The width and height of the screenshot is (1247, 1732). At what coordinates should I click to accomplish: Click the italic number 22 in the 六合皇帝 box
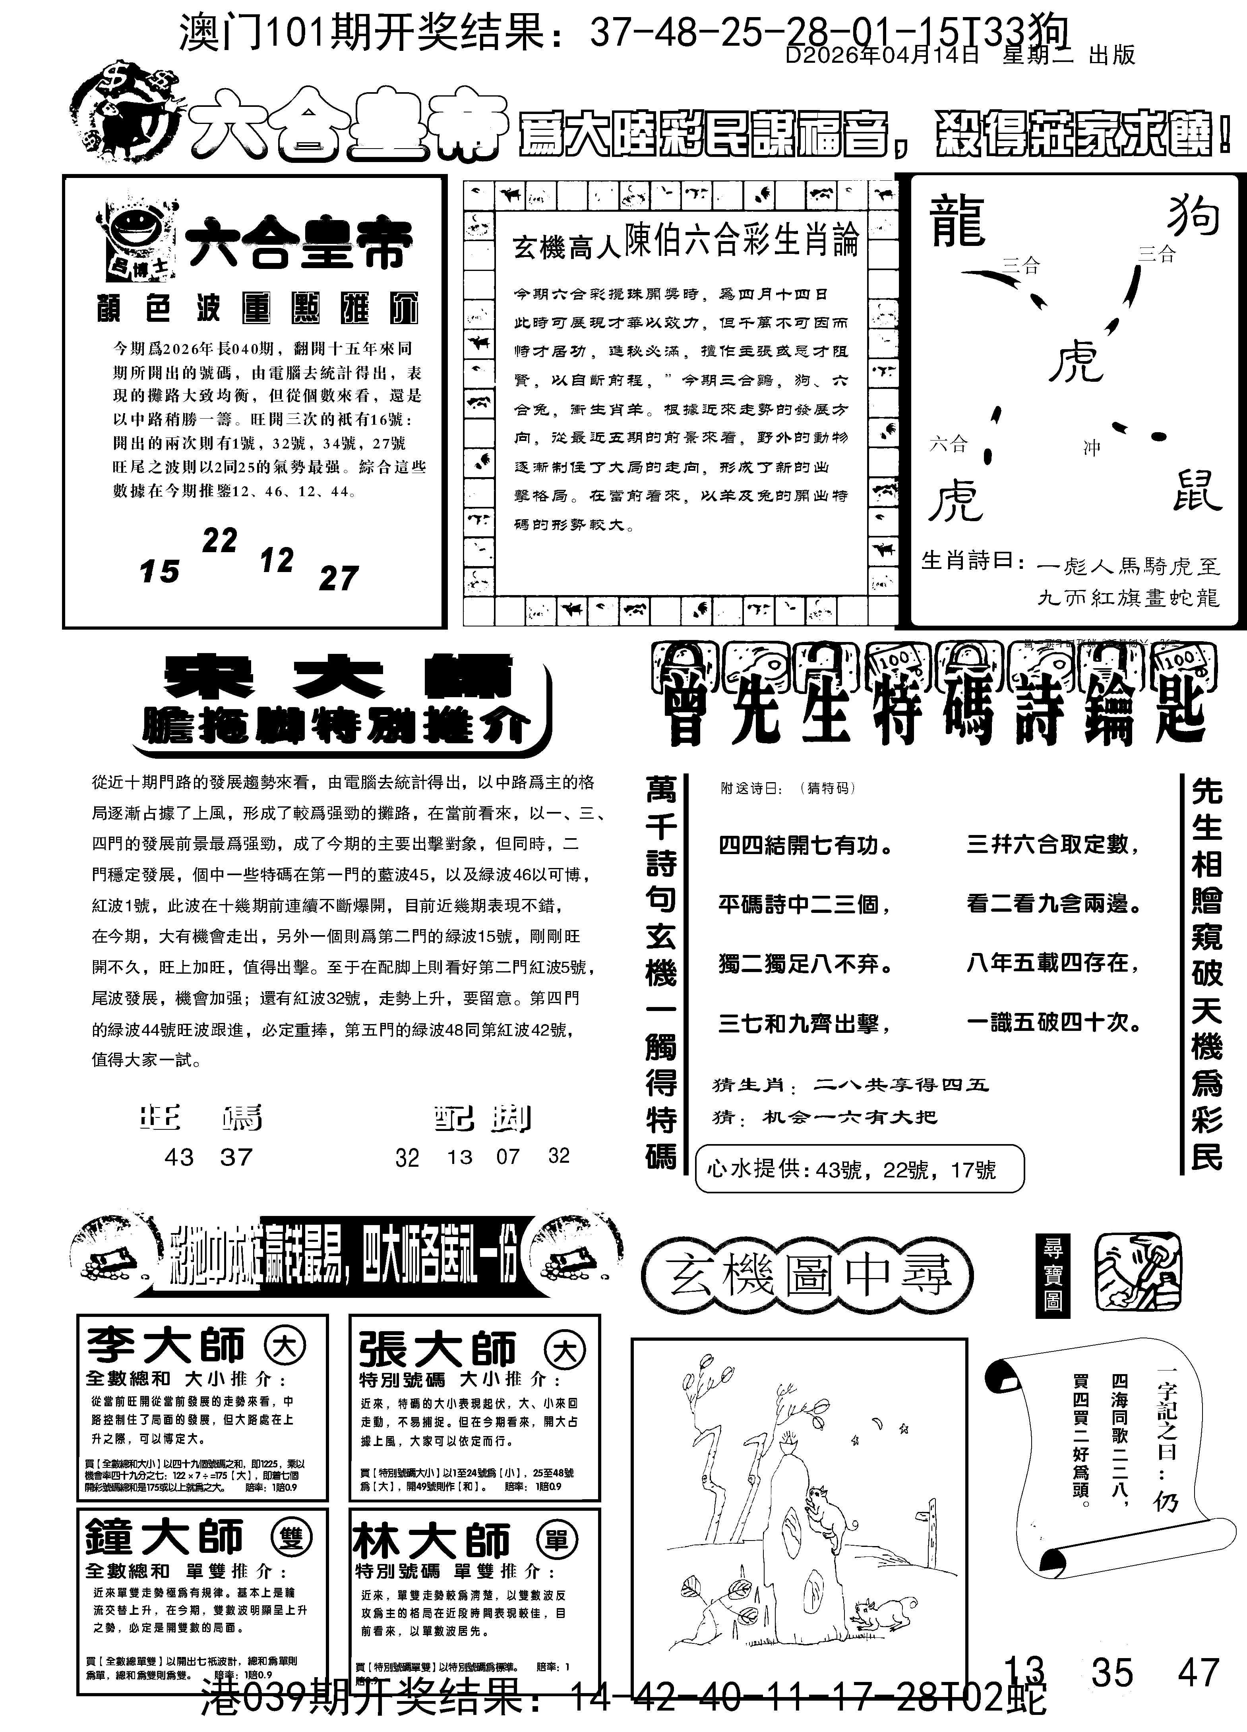point(220,541)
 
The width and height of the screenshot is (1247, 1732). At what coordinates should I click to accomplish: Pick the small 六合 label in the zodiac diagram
point(948,444)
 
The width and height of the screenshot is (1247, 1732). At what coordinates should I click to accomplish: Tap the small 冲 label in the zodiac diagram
point(1091,448)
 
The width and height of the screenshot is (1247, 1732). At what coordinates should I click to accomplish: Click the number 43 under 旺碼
point(179,1157)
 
